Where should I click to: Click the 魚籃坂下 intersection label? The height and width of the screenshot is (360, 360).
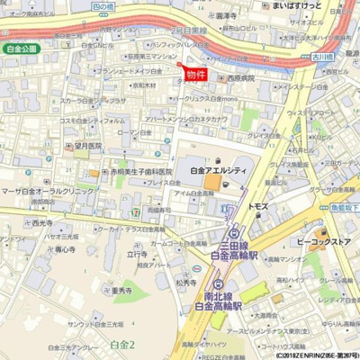coord(343,205)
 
